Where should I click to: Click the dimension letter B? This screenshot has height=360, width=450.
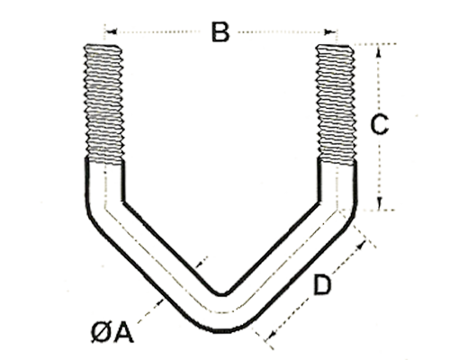click(x=220, y=31)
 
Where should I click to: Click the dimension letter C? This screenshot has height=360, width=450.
click(x=380, y=125)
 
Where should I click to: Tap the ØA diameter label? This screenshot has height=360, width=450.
click(x=112, y=333)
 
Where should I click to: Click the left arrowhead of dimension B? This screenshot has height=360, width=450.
click(x=112, y=31)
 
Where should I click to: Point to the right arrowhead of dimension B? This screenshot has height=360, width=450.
click(x=331, y=31)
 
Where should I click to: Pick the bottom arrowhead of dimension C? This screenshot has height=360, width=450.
click(x=379, y=203)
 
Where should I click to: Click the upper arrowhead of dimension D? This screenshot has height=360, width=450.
click(x=362, y=245)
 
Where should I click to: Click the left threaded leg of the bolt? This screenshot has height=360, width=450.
click(x=103, y=103)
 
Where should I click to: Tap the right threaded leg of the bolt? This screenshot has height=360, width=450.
click(x=337, y=103)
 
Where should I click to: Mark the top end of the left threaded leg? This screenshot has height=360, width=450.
click(x=102, y=46)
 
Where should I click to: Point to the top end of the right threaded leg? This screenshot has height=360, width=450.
click(x=335, y=46)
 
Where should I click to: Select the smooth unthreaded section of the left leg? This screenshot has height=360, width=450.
click(x=104, y=183)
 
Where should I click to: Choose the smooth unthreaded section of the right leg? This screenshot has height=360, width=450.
click(x=337, y=183)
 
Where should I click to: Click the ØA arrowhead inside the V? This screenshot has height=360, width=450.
click(x=199, y=265)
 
